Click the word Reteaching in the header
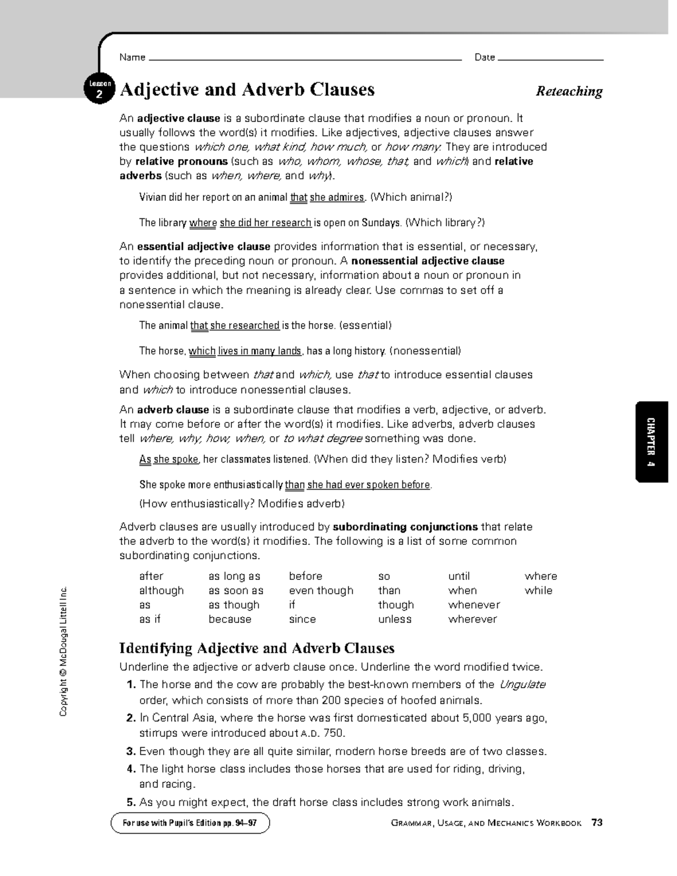[569, 91]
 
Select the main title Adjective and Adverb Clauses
[247, 90]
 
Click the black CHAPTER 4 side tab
[652, 442]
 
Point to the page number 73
[597, 822]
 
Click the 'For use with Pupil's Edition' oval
[190, 823]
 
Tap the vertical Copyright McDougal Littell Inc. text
[63, 651]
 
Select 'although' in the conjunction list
[161, 591]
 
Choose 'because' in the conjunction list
[230, 619]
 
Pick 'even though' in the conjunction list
[321, 591]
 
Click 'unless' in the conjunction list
[395, 619]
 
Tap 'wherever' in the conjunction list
[472, 619]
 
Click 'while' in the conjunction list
[538, 591]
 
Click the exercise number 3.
[131, 751]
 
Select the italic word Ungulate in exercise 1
[522, 685]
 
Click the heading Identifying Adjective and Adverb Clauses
[257, 648]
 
